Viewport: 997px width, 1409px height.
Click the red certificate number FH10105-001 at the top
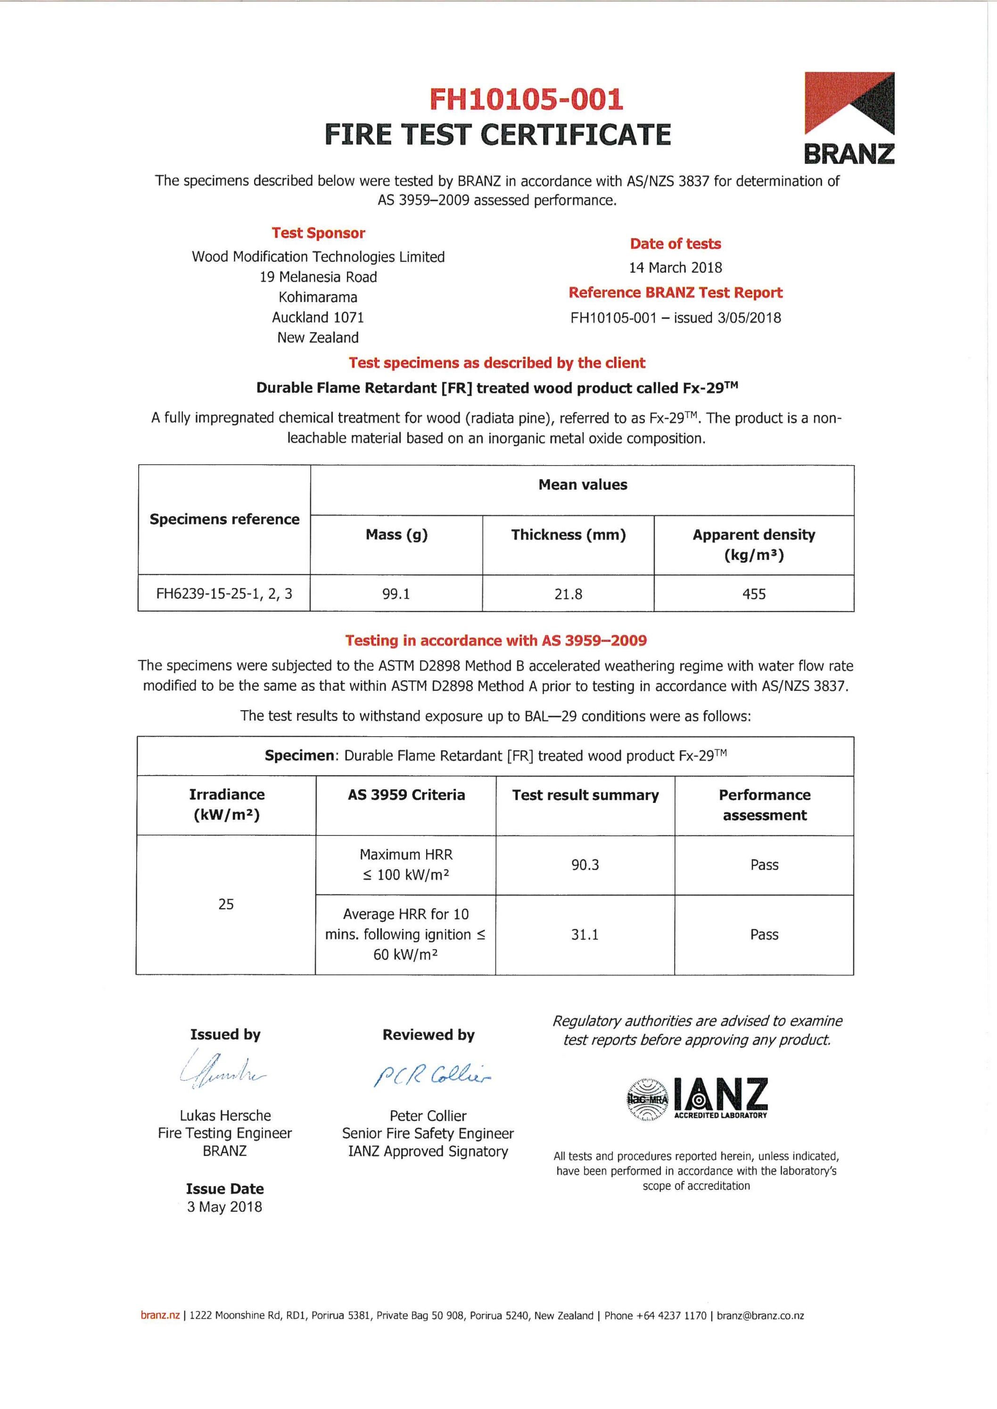point(526,99)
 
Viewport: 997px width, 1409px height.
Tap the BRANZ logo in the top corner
point(849,118)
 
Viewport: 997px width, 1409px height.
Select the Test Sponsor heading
point(318,233)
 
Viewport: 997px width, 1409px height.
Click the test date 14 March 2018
point(676,268)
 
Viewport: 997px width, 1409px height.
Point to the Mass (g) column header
point(396,534)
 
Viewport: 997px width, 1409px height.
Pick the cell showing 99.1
point(396,594)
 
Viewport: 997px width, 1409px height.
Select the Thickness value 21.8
point(568,594)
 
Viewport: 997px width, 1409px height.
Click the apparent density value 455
point(754,594)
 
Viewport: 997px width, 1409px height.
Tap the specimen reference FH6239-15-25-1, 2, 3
point(224,593)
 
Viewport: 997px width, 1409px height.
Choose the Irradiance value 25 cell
point(226,904)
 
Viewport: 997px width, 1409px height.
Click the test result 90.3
point(585,865)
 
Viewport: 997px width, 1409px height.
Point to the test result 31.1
point(585,934)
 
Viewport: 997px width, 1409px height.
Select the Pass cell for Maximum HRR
point(764,865)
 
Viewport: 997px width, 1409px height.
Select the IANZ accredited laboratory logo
point(697,1099)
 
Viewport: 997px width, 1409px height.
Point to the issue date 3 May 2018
point(225,1207)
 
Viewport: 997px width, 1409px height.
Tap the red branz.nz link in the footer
point(160,1316)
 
